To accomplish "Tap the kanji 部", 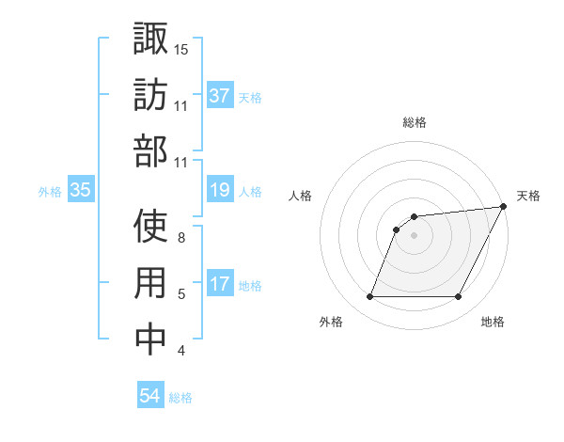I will (x=150, y=152).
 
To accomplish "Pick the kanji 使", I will (x=150, y=226).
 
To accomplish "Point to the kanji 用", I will (x=150, y=283).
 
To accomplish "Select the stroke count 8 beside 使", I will (x=181, y=238).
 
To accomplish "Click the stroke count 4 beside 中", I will (x=181, y=352).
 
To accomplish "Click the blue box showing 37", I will (x=220, y=96).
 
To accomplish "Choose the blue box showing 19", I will (x=220, y=191).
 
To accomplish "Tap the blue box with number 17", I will (x=220, y=284).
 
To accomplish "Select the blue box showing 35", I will (x=81, y=191).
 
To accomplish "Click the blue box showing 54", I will (x=150, y=396).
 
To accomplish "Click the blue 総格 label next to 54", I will (x=180, y=397).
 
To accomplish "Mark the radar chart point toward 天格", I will (x=503, y=208).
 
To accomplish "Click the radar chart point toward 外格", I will (x=369, y=297).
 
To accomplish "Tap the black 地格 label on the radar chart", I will (x=493, y=323).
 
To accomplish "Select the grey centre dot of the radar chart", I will (x=414, y=236).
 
